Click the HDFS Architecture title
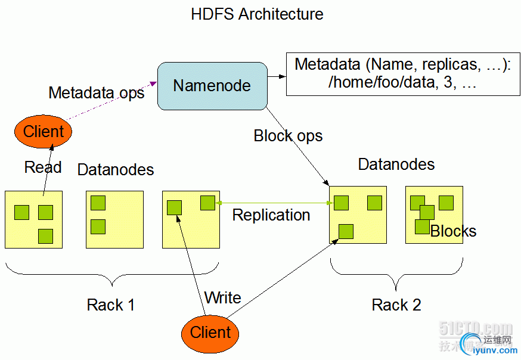[257, 14]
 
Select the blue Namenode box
[212, 86]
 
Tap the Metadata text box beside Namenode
[403, 73]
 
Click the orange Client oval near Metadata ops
[44, 131]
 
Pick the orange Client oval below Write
[210, 332]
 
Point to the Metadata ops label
[96, 93]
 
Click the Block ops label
[288, 136]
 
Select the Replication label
[271, 215]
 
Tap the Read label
[43, 167]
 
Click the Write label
[222, 297]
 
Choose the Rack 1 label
[111, 305]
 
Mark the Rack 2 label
[396, 305]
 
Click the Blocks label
[454, 231]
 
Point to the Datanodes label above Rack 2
[396, 164]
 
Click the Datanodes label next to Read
[116, 170]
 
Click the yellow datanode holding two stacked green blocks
[115, 219]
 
